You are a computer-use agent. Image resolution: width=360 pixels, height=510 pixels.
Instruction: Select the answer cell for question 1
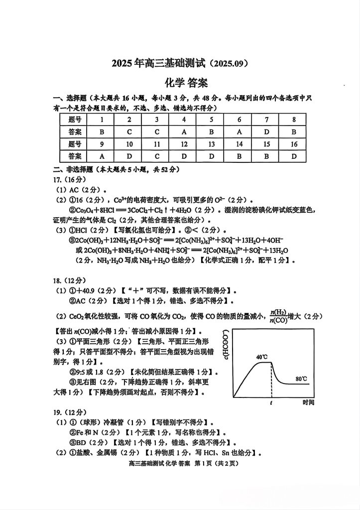102,132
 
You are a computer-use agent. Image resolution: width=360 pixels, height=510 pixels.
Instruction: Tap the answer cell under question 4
184,132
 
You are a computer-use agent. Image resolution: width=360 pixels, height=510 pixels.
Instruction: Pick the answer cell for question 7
267,132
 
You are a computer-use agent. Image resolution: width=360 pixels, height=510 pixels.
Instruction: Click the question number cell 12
184,144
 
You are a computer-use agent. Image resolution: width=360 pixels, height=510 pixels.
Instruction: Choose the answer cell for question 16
294,156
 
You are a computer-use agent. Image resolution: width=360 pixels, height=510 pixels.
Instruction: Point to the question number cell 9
102,144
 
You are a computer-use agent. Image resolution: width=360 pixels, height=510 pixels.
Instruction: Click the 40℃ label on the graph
262,357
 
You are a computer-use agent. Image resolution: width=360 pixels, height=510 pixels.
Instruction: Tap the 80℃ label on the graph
301,379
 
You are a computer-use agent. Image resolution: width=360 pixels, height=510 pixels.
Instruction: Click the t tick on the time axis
271,402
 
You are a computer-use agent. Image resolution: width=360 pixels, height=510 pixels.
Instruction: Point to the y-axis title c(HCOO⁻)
227,345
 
